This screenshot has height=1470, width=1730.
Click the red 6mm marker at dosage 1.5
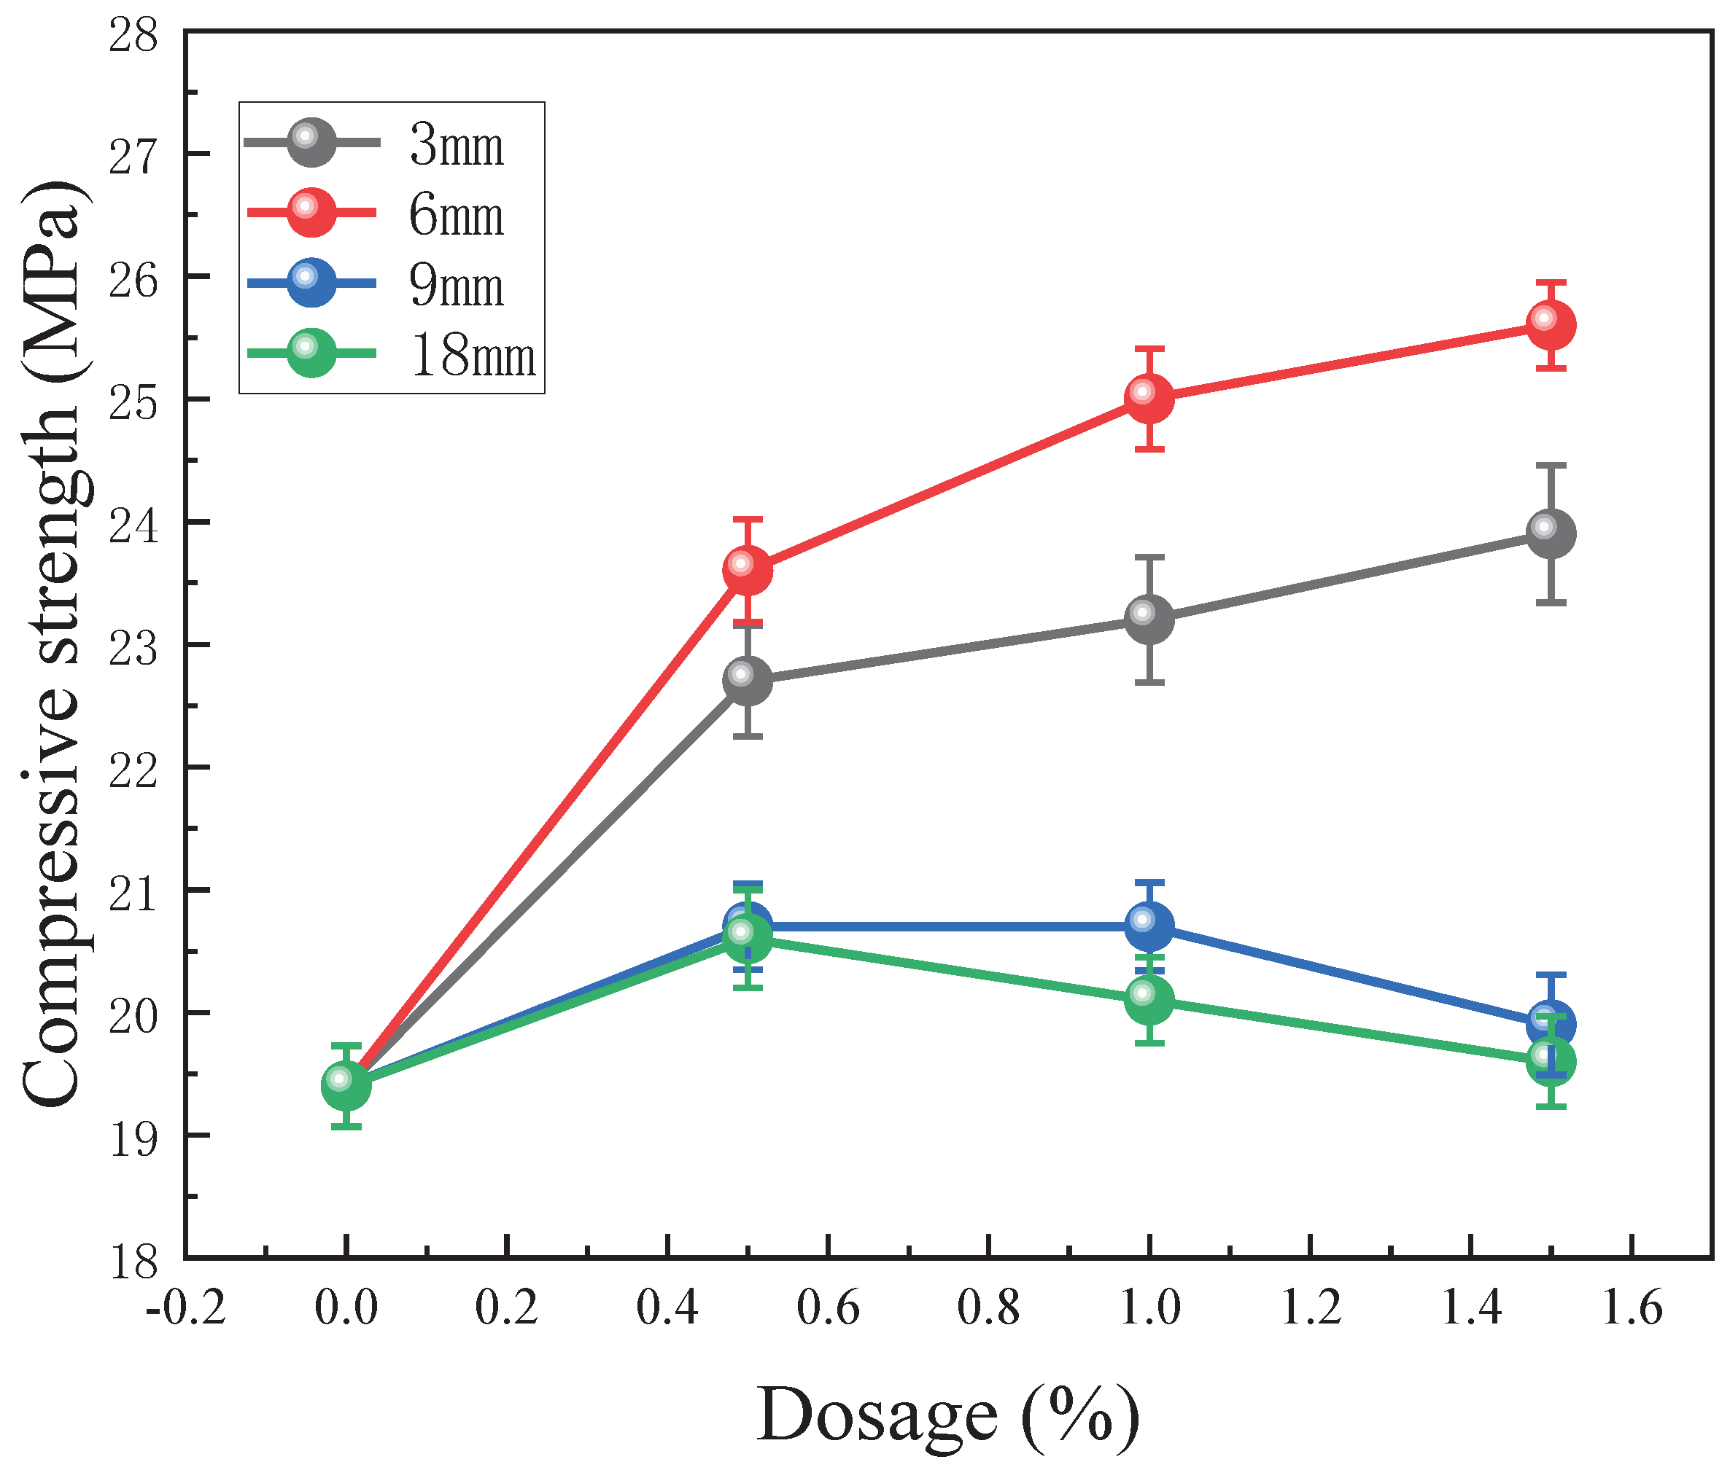tap(1550, 324)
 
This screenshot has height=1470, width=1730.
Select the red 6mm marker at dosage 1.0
tap(1149, 399)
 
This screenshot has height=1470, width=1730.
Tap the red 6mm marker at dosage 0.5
tap(748, 570)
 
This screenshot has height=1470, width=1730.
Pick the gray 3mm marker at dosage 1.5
tap(1550, 533)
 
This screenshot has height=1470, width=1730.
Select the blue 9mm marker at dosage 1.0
tap(1149, 926)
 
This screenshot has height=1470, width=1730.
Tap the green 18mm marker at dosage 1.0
tap(1149, 1000)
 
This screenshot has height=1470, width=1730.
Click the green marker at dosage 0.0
tap(346, 1086)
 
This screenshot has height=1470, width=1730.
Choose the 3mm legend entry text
tap(457, 145)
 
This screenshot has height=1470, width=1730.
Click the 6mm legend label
tap(457, 215)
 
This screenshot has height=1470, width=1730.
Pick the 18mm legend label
tap(473, 356)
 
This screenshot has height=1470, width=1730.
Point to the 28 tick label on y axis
tap(133, 36)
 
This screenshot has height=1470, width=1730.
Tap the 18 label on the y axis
tap(133, 1262)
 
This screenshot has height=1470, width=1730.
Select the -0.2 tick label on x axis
tap(185, 1308)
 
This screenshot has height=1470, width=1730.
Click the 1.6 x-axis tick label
tap(1632, 1308)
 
